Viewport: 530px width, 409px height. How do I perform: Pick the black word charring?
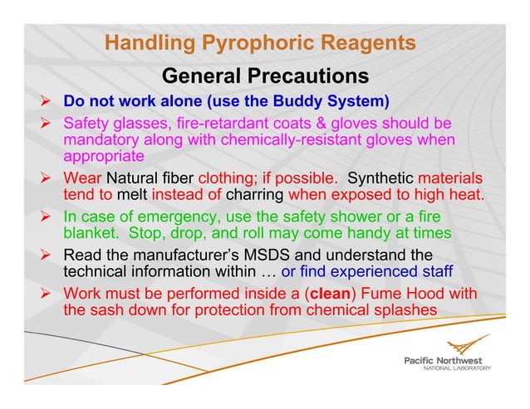pyautogui.click(x=254, y=195)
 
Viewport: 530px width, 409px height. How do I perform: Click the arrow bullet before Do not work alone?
pyautogui.click(x=48, y=102)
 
